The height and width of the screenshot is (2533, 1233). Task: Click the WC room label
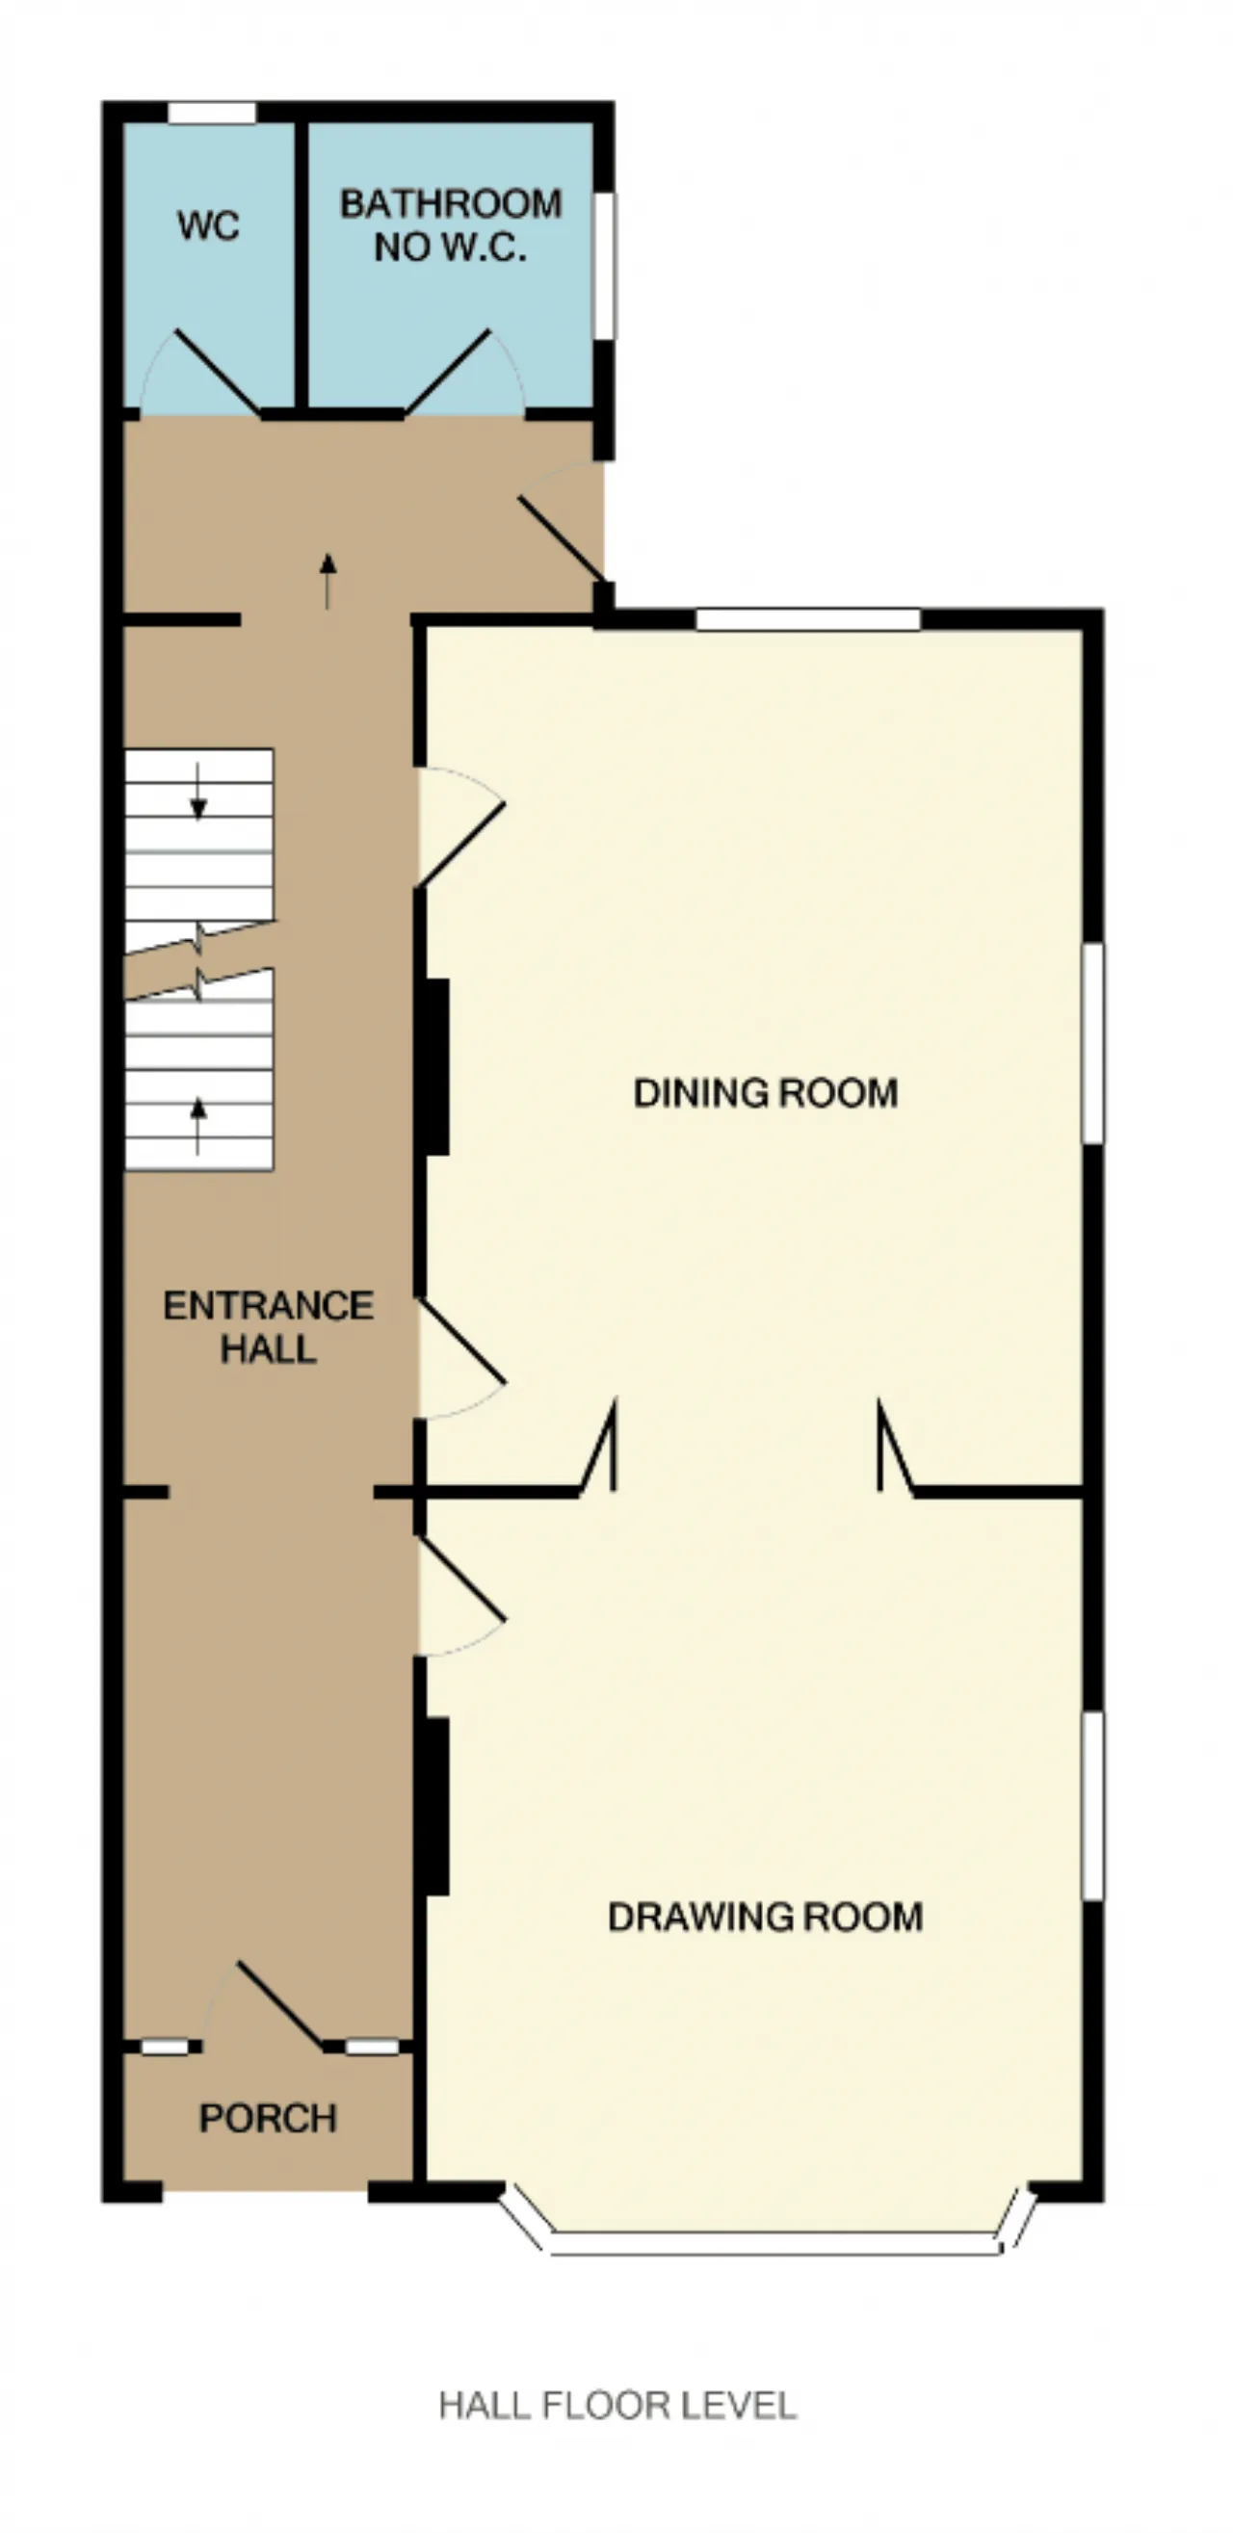coord(208,226)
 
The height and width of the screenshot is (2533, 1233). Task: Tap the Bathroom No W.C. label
coord(452,225)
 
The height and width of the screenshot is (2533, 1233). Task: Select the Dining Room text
coord(766,1093)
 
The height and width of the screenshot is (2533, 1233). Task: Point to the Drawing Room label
coord(766,1918)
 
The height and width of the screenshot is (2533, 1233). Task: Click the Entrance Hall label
coord(269,1326)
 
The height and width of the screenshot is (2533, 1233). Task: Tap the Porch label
coord(269,2118)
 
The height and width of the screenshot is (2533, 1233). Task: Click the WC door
coord(217,372)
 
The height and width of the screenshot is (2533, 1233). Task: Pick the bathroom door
coord(448,372)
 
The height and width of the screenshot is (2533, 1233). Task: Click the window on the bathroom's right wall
coord(605,266)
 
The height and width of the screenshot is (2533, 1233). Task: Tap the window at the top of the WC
coord(211,113)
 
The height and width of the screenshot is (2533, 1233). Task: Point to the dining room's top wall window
coord(808,619)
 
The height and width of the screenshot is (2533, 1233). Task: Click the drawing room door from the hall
coord(462,1579)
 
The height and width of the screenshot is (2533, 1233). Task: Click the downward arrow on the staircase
coord(198,791)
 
